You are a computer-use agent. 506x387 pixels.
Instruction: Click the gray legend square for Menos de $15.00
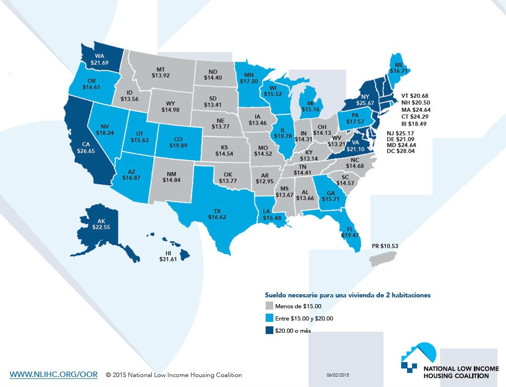point(270,306)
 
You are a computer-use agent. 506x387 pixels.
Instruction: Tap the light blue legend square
point(270,318)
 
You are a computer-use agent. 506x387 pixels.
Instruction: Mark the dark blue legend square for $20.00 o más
point(270,330)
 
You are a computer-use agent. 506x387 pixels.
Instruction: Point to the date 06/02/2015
point(338,375)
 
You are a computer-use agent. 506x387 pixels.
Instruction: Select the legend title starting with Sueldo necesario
point(348,295)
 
